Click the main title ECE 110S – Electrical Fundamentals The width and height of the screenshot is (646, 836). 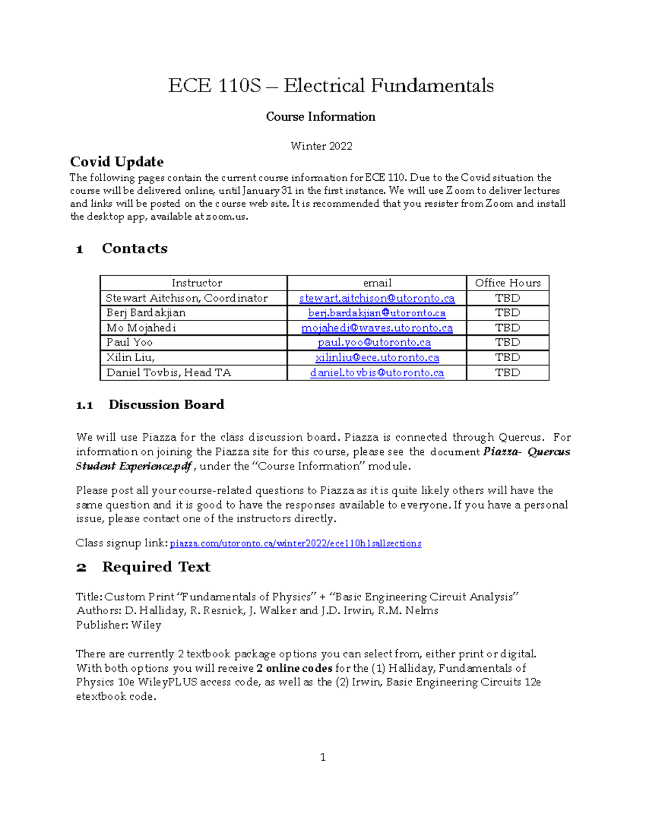point(331,86)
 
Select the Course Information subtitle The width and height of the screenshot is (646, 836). point(320,117)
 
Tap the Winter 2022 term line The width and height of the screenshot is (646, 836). point(321,146)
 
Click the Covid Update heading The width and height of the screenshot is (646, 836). point(117,162)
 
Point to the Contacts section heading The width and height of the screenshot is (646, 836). point(134,249)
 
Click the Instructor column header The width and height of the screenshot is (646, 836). point(196,283)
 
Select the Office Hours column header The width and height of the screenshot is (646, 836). point(507,283)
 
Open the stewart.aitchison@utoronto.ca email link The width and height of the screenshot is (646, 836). point(377,298)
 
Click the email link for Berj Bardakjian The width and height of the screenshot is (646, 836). point(377,313)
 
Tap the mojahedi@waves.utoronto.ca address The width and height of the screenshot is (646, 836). point(377,328)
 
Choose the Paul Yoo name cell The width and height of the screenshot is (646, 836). point(129,342)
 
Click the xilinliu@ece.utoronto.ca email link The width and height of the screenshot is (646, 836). point(377,357)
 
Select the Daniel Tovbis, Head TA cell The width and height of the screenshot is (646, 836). point(168,373)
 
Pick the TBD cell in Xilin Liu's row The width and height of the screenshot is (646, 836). point(507,357)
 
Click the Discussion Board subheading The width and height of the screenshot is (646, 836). point(166,405)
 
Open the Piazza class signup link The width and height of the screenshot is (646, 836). point(296,544)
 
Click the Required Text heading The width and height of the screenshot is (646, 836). point(156,567)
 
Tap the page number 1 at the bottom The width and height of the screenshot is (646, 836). point(323,757)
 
